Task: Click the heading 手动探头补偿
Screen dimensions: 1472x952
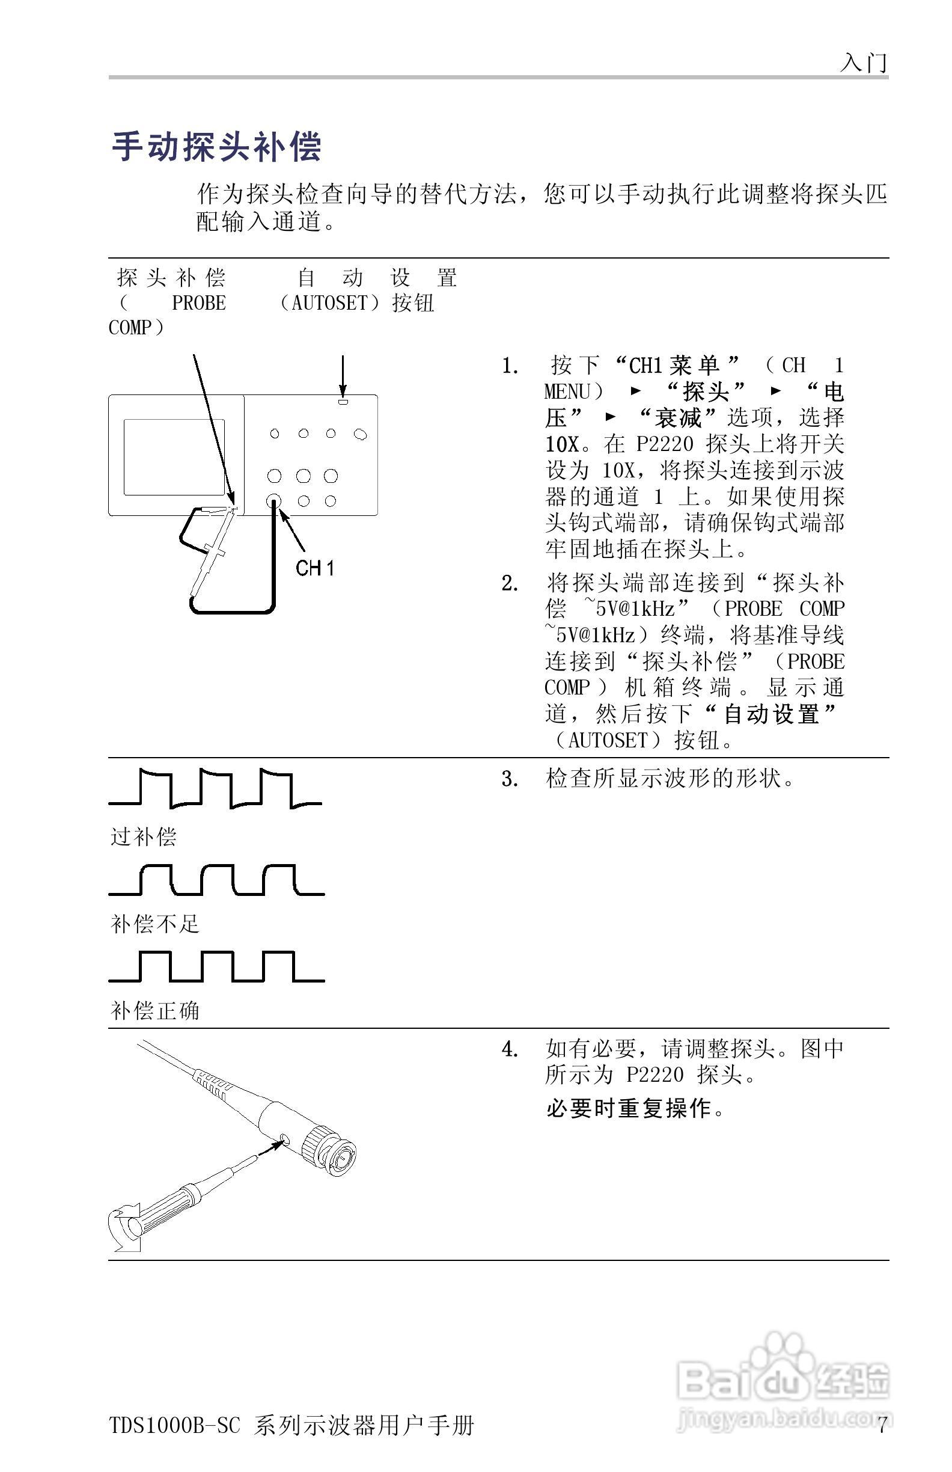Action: click(x=216, y=147)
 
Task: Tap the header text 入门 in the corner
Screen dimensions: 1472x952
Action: click(x=864, y=63)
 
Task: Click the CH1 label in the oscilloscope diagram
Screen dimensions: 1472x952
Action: click(x=315, y=568)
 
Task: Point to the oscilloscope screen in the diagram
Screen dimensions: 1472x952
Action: click(x=174, y=457)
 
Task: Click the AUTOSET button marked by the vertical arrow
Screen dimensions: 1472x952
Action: click(x=343, y=402)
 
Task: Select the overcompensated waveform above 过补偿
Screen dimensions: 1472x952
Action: click(x=215, y=788)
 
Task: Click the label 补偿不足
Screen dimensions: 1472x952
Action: click(x=154, y=924)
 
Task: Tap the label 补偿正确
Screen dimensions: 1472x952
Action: click(x=154, y=1011)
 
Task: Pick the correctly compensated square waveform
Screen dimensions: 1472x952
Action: click(x=216, y=968)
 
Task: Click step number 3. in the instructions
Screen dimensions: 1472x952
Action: click(x=510, y=779)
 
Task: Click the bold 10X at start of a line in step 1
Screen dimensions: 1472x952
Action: click(x=562, y=444)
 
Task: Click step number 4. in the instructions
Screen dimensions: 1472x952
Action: click(x=510, y=1049)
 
